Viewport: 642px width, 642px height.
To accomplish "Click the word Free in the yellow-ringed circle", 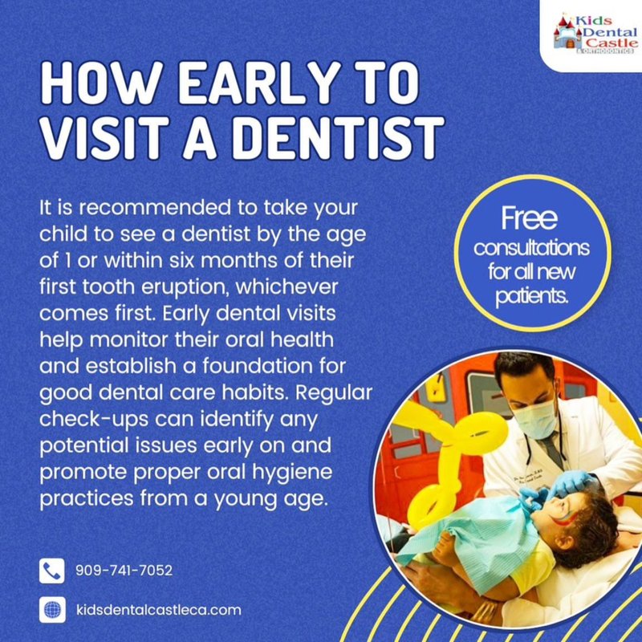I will (x=529, y=218).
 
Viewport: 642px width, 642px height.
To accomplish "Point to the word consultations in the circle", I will (x=531, y=246).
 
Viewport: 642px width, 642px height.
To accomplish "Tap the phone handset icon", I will (x=51, y=571).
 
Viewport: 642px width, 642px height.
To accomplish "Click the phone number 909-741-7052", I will (x=124, y=571).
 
